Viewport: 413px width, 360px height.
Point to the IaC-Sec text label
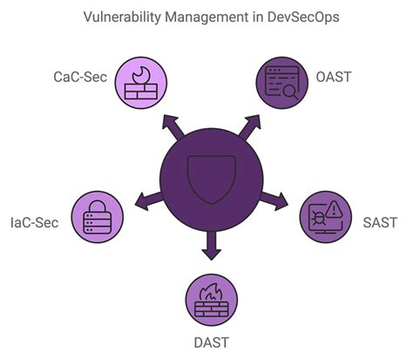point(35,222)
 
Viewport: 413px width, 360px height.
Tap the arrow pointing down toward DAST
point(209,251)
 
